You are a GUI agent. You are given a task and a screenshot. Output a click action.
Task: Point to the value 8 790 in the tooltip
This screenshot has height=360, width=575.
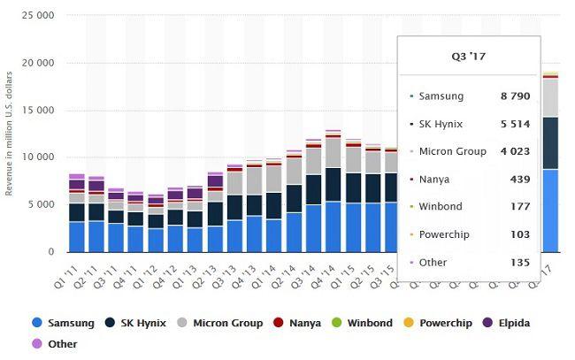click(x=513, y=96)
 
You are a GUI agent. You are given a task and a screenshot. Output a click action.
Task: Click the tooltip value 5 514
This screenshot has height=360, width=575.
click(x=513, y=124)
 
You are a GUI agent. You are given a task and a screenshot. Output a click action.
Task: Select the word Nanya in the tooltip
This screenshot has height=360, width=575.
click(x=435, y=179)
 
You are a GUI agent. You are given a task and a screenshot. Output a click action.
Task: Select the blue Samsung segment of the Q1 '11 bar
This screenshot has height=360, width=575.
click(x=77, y=236)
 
